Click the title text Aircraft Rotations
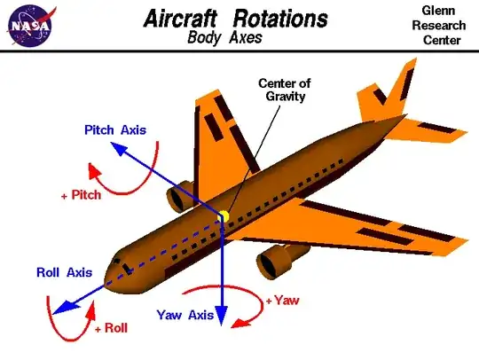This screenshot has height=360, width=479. click(235, 18)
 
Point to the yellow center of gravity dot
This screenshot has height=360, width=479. click(224, 216)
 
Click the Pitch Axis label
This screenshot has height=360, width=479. click(115, 130)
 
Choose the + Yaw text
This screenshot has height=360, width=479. click(285, 300)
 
